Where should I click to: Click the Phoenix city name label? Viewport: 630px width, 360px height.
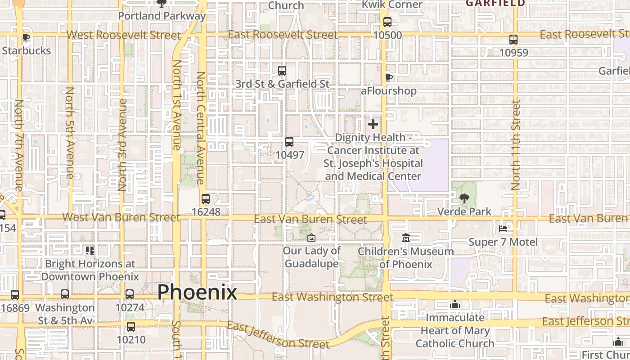197,292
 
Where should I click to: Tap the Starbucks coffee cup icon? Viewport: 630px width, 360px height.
26,38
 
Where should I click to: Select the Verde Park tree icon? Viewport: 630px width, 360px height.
464,198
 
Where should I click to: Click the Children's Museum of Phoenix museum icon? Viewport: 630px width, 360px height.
405,238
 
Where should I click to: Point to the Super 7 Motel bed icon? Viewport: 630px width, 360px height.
503,229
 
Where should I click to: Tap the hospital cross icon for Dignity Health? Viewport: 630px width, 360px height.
373,124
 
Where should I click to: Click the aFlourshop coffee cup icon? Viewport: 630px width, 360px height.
389,78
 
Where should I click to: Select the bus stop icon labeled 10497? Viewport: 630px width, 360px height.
289,142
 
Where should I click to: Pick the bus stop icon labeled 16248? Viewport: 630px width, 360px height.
206,198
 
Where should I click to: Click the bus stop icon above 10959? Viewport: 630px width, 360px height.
513,40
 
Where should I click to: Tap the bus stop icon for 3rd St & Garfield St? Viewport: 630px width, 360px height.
282,71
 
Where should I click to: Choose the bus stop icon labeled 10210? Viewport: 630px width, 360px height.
130,326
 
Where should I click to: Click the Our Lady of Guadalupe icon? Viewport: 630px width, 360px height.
311,238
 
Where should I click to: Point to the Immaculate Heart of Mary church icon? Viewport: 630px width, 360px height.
455,305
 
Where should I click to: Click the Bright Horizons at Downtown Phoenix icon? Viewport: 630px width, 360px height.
90,250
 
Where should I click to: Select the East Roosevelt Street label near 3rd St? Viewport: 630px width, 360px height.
283,35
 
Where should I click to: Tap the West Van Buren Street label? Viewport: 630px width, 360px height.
121,217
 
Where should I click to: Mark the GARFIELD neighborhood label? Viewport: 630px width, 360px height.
495,3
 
